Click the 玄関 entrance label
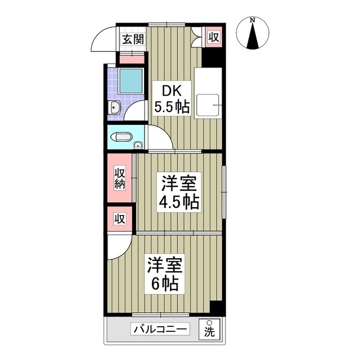(133, 39)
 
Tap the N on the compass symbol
(253, 21)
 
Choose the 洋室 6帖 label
(164, 274)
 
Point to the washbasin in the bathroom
(114, 107)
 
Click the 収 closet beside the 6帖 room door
(119, 218)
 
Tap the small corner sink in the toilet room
(138, 145)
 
